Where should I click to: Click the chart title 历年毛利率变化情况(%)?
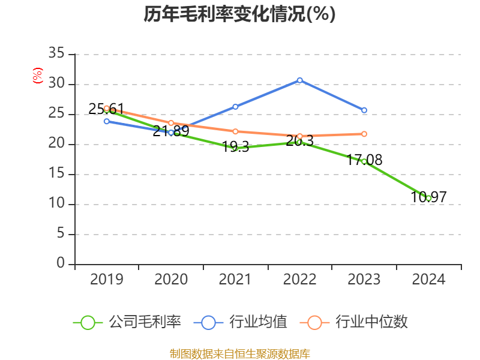pyautogui.click(x=239, y=14)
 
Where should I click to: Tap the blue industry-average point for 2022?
pyautogui.click(x=299, y=80)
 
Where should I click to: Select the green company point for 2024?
pyautogui.click(x=428, y=198)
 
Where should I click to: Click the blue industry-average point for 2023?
pyautogui.click(x=364, y=110)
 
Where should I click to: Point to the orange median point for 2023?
pyautogui.click(x=364, y=134)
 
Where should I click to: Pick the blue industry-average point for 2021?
pyautogui.click(x=235, y=107)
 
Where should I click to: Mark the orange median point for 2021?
pyautogui.click(x=235, y=131)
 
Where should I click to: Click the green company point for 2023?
pyautogui.click(x=364, y=161)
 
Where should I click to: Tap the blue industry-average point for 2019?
pyautogui.click(x=107, y=121)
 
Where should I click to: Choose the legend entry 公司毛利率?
pyautogui.click(x=127, y=322)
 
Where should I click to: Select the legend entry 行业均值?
pyautogui.click(x=241, y=322)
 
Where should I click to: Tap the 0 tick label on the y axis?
pyautogui.click(x=60, y=264)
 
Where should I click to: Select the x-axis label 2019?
pyautogui.click(x=107, y=280)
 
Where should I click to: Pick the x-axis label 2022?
pyautogui.click(x=299, y=280)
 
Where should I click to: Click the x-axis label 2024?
pyautogui.click(x=428, y=280)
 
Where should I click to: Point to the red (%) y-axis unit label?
pyautogui.click(x=37, y=76)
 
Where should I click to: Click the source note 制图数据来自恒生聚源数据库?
pyautogui.click(x=239, y=353)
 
